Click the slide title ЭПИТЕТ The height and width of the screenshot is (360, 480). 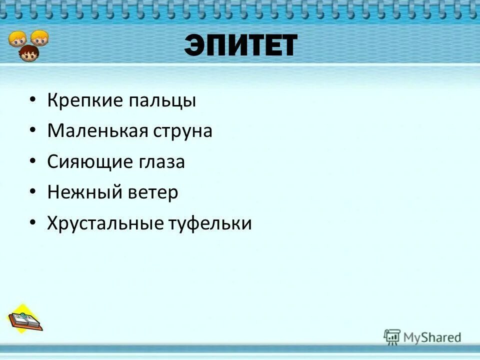click(240, 45)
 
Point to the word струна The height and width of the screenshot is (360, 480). click(183, 132)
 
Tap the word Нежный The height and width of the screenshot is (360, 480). click(79, 192)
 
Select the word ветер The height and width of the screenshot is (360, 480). click(151, 192)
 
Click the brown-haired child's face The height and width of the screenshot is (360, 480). click(29, 53)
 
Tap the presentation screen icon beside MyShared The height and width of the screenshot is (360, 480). click(392, 336)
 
